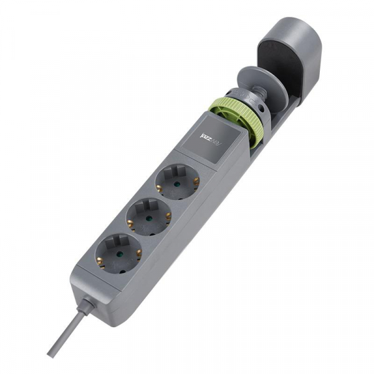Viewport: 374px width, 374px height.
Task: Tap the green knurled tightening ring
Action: coord(237,122)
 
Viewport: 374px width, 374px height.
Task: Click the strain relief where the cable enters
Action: coord(87,306)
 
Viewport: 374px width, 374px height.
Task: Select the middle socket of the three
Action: coord(149,218)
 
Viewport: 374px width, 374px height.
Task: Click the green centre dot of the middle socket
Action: coord(149,219)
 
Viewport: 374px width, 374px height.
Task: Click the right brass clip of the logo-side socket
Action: coord(196,181)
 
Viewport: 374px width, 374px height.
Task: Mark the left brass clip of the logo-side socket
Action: coord(160,185)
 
